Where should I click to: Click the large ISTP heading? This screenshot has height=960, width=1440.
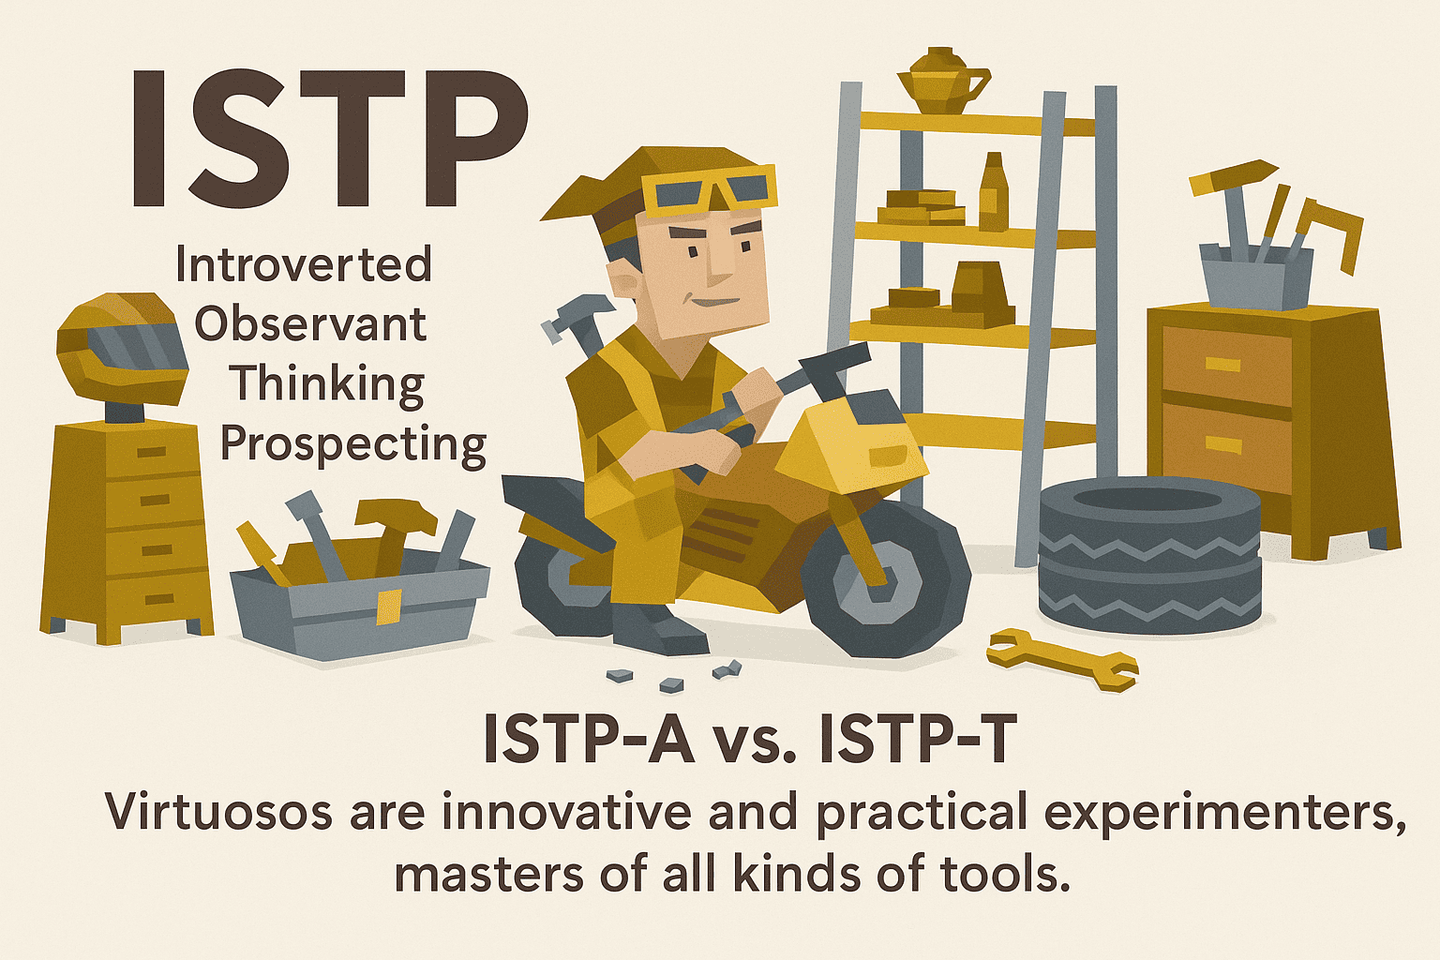[x=330, y=139]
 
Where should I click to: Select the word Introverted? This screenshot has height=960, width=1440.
[x=304, y=265]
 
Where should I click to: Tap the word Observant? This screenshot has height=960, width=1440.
[x=310, y=323]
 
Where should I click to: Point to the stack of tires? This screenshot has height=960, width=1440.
[x=1149, y=554]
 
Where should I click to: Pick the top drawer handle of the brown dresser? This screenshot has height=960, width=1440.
[x=1222, y=365]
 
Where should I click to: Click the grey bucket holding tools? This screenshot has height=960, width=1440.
[x=1255, y=276]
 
